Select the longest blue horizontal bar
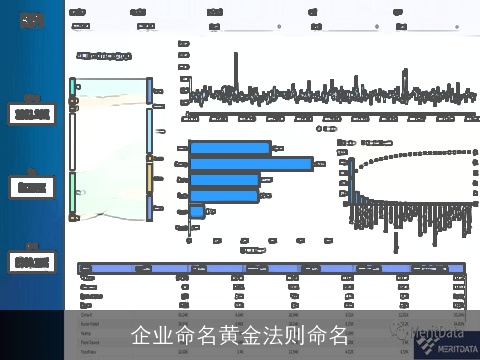[251, 163]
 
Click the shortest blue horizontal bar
[197, 212]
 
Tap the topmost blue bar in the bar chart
[230, 147]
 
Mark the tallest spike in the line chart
[404, 75]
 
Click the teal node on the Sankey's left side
[73, 89]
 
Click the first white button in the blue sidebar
[32, 115]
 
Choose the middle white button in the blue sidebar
[32, 187]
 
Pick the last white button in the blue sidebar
[32, 262]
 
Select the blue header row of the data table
[270, 268]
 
